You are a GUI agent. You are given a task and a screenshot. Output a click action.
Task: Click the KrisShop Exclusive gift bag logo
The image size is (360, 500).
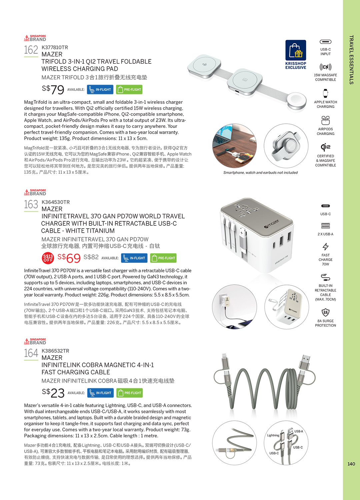[296, 51]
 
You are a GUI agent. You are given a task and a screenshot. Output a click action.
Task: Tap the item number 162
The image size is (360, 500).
[31, 50]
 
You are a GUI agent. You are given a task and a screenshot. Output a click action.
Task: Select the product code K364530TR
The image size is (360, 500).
[55, 202]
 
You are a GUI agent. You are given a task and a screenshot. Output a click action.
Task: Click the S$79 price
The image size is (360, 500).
[53, 89]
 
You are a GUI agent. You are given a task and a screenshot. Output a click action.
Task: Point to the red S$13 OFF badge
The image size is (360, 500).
[48, 258]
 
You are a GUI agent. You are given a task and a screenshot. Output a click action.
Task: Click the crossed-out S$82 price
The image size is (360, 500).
[91, 257]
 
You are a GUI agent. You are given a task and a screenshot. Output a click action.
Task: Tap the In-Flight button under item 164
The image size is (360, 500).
[100, 393]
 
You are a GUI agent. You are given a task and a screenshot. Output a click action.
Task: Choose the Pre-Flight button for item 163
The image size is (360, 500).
[163, 258]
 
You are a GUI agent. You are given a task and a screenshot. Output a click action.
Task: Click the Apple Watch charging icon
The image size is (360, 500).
[325, 93]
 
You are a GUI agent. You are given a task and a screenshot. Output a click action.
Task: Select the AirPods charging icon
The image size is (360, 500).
[325, 120]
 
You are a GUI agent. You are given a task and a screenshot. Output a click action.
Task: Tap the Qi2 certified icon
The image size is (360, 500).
[325, 147]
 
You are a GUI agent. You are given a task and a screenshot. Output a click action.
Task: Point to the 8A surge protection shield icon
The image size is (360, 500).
[325, 312]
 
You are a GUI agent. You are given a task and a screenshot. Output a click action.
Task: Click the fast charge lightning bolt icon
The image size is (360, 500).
[325, 247]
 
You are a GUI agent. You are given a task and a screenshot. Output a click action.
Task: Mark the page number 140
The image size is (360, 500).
[351, 464]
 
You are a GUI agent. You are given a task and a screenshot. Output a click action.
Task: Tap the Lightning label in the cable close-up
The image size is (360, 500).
[273, 435]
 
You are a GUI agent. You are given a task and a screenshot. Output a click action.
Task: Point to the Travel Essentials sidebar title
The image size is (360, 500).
[351, 60]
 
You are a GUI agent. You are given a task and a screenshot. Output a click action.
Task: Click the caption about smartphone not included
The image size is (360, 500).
[260, 173]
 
